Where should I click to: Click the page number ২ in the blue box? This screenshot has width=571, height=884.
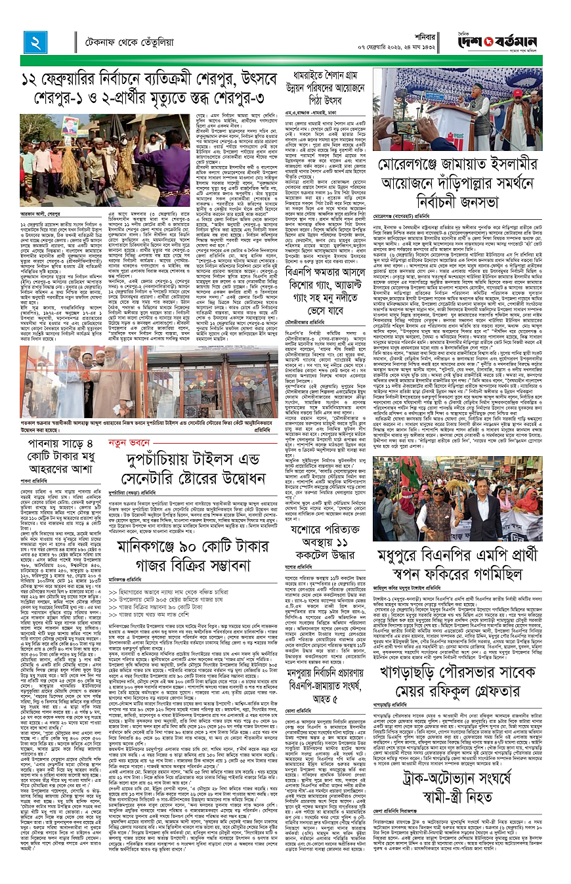point(33,41)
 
